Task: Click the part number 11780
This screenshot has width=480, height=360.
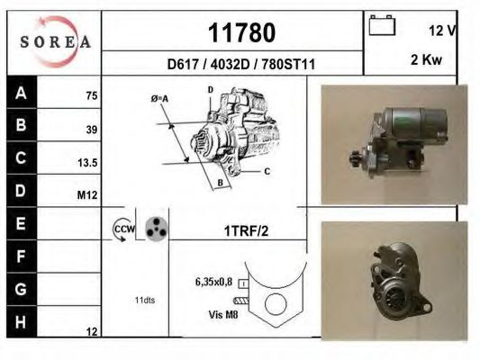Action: pos(241,32)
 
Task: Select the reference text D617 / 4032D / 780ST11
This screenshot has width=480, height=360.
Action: pos(240,64)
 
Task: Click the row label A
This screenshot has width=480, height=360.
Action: pos(20,94)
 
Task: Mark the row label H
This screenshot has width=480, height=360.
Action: pos(20,320)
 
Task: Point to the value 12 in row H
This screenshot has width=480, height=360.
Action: pos(91,332)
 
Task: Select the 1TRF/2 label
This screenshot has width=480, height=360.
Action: pos(246,231)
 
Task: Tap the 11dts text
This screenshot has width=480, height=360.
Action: pos(144,300)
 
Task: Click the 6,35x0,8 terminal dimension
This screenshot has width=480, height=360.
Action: pos(213,281)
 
